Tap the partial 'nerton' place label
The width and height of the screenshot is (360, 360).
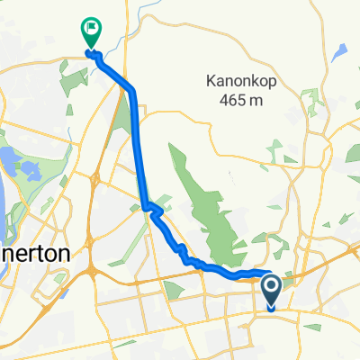click(34, 255)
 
